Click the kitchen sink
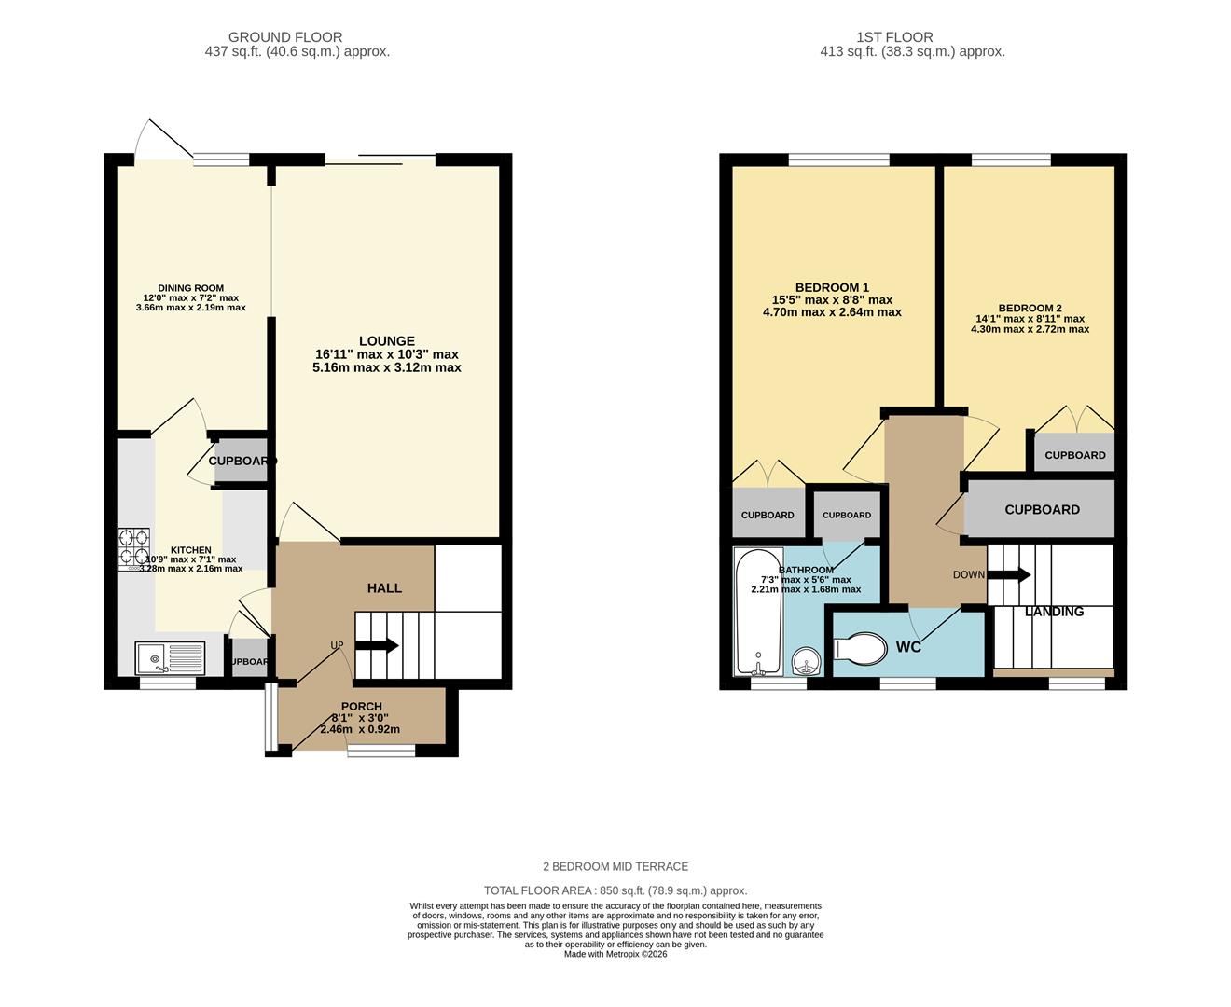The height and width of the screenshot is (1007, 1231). coord(170,656)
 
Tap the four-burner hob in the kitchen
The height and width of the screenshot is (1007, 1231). coord(133,549)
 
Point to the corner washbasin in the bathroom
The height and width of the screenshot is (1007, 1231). coord(806,661)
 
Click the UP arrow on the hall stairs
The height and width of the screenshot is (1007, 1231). coord(377,645)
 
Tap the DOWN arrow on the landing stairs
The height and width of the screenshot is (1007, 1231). coord(1009,574)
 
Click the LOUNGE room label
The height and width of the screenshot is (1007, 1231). coord(387,341)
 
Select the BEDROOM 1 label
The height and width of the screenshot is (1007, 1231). coord(832,287)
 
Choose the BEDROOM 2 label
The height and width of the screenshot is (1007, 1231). coord(1030,308)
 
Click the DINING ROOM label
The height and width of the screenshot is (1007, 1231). coord(190,288)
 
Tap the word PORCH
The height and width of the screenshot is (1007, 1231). coord(361,706)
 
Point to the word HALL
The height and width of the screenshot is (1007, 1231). coord(384,587)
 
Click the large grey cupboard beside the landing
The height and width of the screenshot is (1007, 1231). coord(1041,509)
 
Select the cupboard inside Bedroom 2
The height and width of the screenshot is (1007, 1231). coord(1074,454)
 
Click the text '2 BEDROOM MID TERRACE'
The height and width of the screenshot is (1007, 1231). coord(615,866)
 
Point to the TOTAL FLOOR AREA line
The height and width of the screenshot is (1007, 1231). coord(615,890)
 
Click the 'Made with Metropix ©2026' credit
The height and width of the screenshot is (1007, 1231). coord(615,954)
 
